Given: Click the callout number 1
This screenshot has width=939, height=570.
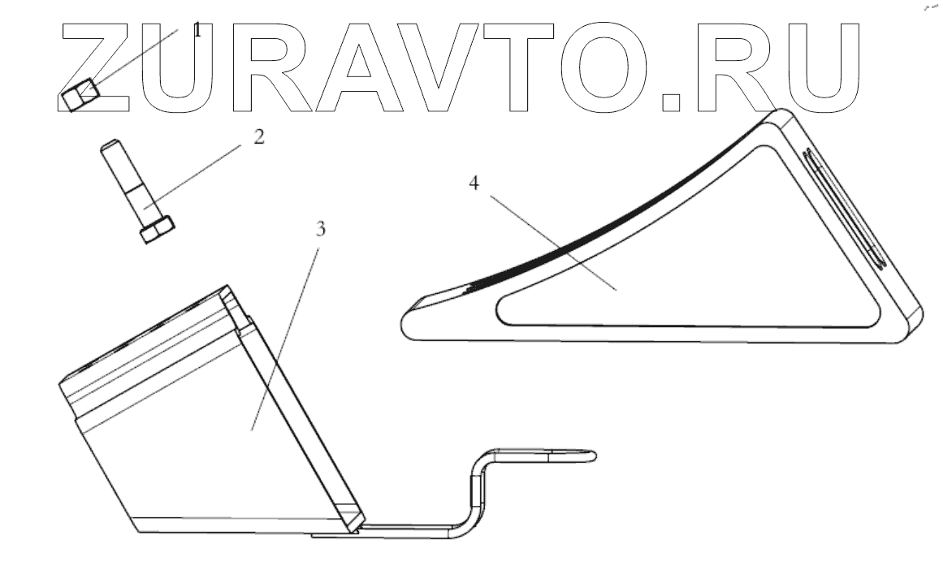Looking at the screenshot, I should tap(197, 31).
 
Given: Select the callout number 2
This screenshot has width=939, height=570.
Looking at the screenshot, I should tap(258, 136).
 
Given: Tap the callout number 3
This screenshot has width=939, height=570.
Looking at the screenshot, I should tap(321, 230).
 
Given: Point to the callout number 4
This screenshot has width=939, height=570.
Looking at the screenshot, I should tap(474, 183).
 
